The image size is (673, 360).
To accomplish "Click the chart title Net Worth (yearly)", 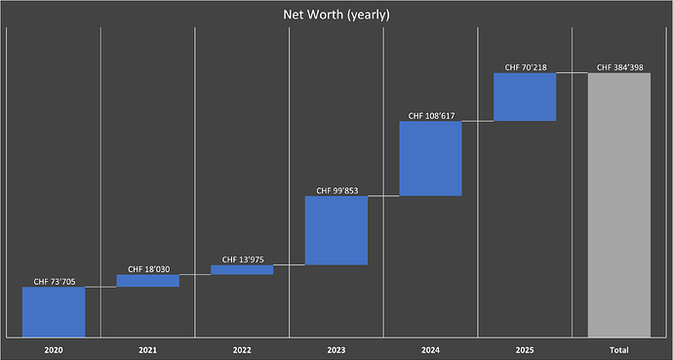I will (x=336, y=15).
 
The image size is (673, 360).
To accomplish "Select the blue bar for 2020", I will (x=54, y=311).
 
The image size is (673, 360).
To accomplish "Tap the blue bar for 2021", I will (x=147, y=281).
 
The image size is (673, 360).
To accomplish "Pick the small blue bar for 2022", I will (x=242, y=270).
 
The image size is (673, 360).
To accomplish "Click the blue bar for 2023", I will (x=336, y=230).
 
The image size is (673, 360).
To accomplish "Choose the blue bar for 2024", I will (x=430, y=158).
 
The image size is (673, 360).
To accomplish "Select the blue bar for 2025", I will (x=525, y=97).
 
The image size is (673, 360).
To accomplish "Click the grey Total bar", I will (x=618, y=204).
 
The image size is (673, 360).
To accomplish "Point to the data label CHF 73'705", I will (x=54, y=281).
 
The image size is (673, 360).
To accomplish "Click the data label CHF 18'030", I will (x=147, y=268).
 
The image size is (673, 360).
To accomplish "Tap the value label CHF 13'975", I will (x=242, y=260).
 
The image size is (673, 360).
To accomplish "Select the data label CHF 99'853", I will (x=336, y=191).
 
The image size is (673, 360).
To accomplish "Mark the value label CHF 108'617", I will (x=430, y=115).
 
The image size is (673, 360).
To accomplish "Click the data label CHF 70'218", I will (x=525, y=67).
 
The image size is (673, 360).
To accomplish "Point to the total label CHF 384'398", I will (x=618, y=67).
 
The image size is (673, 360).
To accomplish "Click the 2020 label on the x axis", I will (x=54, y=348).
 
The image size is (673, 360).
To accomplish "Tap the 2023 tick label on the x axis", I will (x=336, y=348).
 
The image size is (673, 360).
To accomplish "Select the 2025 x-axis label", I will (x=525, y=348).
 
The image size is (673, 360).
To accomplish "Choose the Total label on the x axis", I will (x=618, y=348).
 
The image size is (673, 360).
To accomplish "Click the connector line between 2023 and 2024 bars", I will (x=383, y=196).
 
